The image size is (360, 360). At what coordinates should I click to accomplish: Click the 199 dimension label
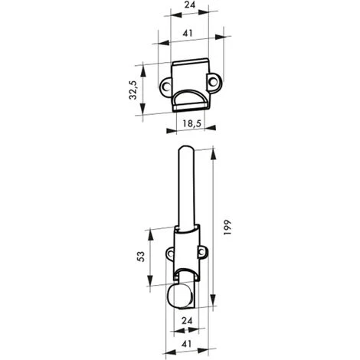tap(227, 227)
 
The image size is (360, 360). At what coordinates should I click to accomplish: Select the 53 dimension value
tap(141, 257)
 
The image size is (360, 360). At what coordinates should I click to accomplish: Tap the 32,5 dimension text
tap(133, 90)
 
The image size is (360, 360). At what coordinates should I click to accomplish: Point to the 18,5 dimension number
tap(192, 123)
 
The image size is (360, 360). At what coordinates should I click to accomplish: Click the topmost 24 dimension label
tap(190, 5)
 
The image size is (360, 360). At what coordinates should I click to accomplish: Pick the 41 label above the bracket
tap(188, 33)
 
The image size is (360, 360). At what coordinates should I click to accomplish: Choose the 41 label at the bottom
tap(187, 344)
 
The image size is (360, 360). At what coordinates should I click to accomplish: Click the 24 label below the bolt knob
tap(187, 321)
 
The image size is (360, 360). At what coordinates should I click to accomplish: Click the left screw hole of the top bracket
tap(166, 87)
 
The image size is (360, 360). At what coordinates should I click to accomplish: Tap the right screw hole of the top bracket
tap(213, 82)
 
